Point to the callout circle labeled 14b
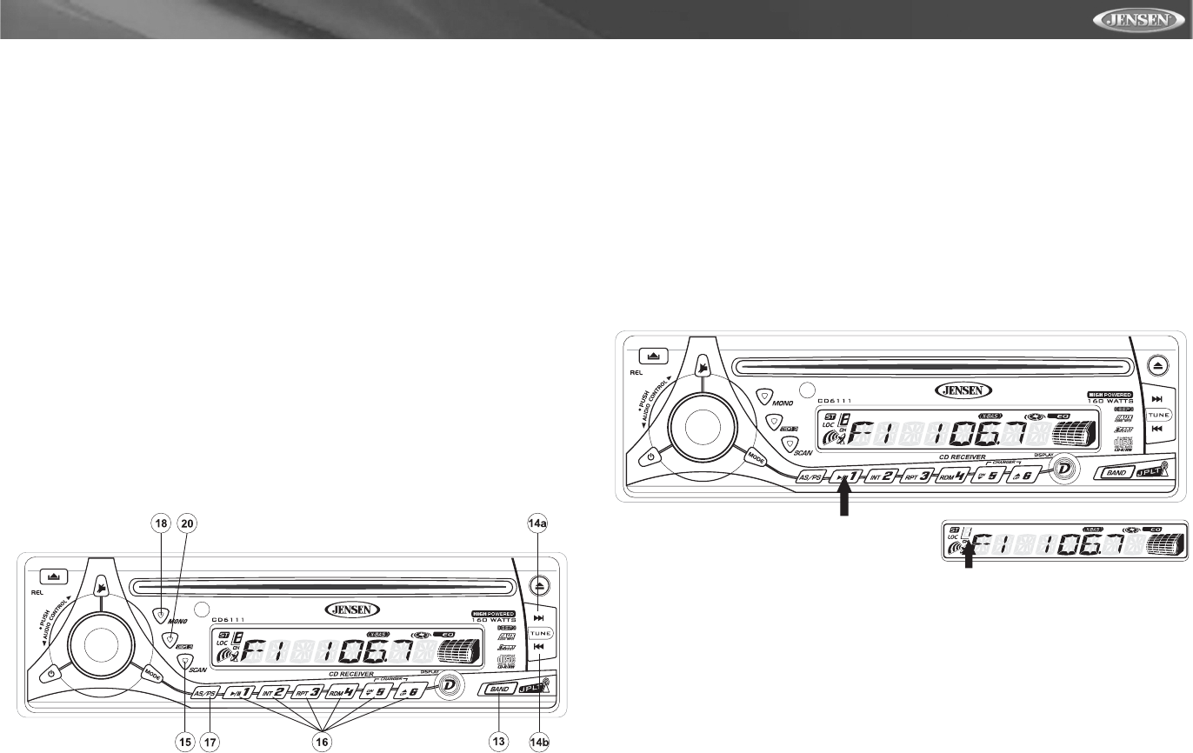(539, 741)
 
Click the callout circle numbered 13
(498, 741)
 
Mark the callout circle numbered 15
(184, 741)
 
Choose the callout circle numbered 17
(210, 741)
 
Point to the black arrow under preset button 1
(842, 503)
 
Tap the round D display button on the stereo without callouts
(1061, 469)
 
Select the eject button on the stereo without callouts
(1156, 364)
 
